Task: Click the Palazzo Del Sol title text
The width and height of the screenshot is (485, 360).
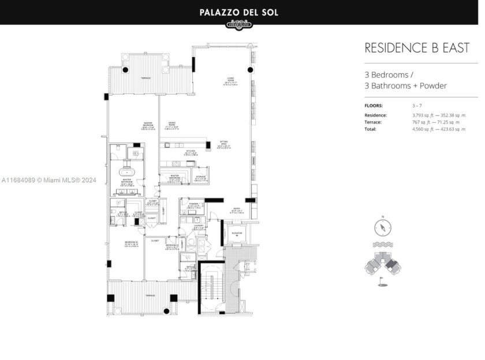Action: [238, 12]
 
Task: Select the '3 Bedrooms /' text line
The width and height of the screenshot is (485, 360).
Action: [388, 75]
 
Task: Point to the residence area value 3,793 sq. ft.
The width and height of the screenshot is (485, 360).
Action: [426, 115]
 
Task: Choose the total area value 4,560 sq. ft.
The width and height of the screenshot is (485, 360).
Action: [426, 129]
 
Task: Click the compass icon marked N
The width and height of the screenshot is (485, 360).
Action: [383, 228]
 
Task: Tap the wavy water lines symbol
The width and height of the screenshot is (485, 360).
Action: [383, 245]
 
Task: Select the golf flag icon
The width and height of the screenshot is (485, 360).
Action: [382, 283]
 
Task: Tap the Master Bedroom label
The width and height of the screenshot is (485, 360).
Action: [148, 125]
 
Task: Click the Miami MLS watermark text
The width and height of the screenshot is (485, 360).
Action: [48, 180]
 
